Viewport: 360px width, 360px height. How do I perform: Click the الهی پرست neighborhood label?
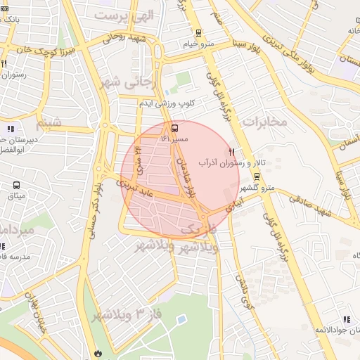(124, 15)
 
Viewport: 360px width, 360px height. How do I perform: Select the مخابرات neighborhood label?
(265, 121)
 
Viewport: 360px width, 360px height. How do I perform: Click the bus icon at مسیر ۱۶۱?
(174, 128)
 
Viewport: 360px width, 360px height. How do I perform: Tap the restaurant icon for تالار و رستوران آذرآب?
(231, 152)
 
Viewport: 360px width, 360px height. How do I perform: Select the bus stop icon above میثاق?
(16, 186)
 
